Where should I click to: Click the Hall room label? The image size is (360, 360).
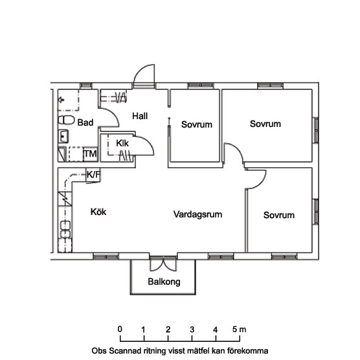(x=140, y=116)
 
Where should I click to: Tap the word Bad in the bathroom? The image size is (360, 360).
(x=85, y=122)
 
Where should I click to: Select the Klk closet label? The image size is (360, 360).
(x=122, y=143)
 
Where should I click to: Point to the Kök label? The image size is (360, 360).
(x=98, y=212)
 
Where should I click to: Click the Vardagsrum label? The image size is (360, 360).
(x=197, y=214)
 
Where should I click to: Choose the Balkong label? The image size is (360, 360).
(x=164, y=282)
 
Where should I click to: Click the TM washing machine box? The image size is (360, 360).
(x=91, y=154)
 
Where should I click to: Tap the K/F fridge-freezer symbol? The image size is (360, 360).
(x=93, y=175)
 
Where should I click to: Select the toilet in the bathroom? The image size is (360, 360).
(x=66, y=120)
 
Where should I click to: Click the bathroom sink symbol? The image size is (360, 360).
(x=63, y=137)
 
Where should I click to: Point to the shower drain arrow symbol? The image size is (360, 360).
(x=62, y=100)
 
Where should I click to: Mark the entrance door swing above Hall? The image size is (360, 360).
(x=144, y=76)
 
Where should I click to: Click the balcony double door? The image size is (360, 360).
(x=163, y=264)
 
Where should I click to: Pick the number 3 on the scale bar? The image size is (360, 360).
(x=192, y=330)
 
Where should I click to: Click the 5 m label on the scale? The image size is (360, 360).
(x=239, y=329)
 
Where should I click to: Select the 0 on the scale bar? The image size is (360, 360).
(x=120, y=329)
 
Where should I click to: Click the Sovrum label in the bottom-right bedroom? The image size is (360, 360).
(x=278, y=215)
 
